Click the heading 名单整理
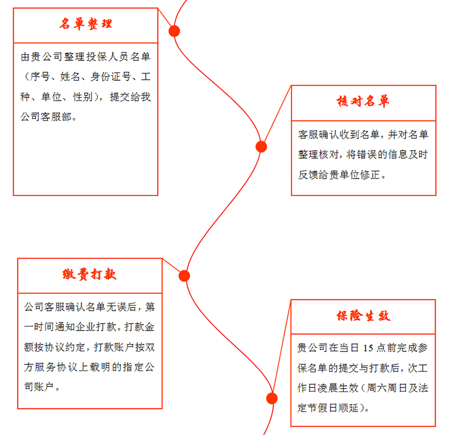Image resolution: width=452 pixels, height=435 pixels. [86, 24]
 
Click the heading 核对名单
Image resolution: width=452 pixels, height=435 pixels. [363, 102]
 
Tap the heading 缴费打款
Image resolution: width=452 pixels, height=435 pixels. [89, 274]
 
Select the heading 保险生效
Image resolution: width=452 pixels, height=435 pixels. [363, 316]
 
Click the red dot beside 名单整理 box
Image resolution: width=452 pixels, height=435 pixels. [174, 31]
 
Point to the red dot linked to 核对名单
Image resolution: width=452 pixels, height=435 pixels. [261, 147]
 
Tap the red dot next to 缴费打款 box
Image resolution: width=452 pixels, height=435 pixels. [184, 276]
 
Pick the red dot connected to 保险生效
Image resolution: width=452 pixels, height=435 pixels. [272, 398]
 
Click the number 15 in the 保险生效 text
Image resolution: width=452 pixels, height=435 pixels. [368, 348]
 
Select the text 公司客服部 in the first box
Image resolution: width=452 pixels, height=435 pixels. [46, 117]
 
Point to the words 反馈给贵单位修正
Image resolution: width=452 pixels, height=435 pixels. [339, 175]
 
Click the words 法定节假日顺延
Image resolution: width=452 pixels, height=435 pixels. [328, 398]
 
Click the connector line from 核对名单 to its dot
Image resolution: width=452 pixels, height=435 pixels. [277, 114]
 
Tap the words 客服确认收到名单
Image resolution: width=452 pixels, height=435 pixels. [338, 134]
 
